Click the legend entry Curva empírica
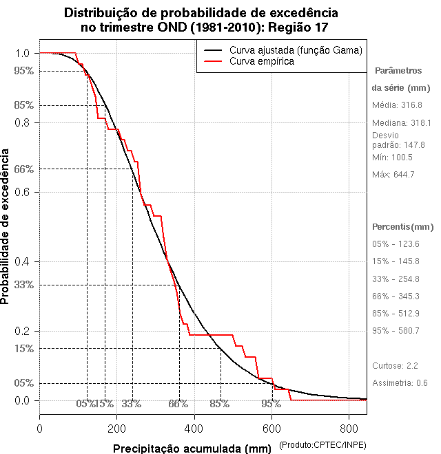pyautogui.click(x=262, y=61)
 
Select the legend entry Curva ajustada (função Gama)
pyautogui.click(x=296, y=50)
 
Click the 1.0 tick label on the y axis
pyautogui.click(x=22, y=53)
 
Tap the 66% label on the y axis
pyautogui.click(x=23, y=169)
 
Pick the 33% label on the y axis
pyautogui.click(x=23, y=284)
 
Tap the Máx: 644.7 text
pyautogui.click(x=393, y=174)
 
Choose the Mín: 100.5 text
pyautogui.click(x=392, y=157)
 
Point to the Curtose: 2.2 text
pyautogui.click(x=395, y=365)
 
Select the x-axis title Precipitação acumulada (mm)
pyautogui.click(x=193, y=448)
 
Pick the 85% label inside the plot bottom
pyautogui.click(x=219, y=404)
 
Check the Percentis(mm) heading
pyautogui.click(x=403, y=226)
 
